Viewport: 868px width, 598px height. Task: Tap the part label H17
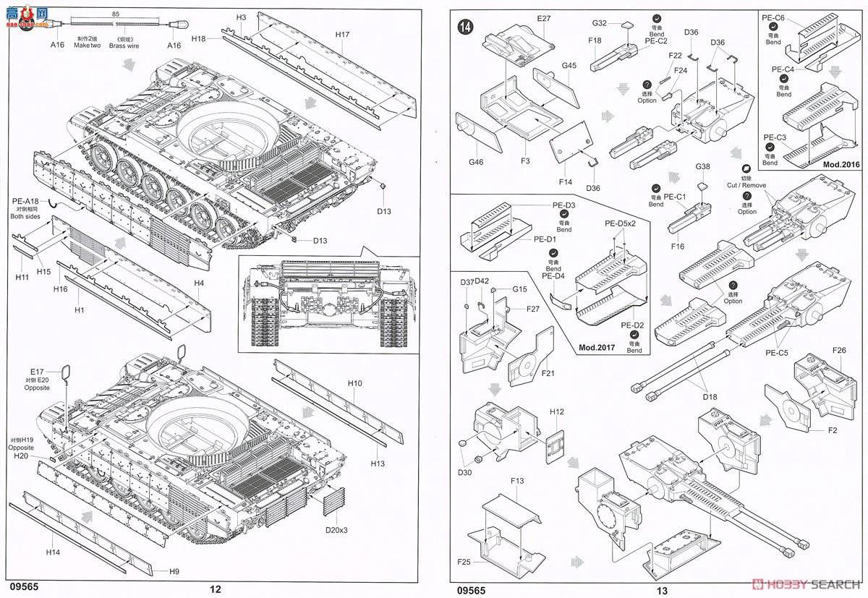point(342,35)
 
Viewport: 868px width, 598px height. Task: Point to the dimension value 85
point(116,14)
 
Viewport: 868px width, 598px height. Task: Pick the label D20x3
point(336,530)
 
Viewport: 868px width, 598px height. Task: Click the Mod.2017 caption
point(598,346)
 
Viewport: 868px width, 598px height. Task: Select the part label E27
point(544,19)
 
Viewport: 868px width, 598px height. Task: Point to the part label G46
point(475,162)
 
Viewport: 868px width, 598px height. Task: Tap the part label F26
point(839,351)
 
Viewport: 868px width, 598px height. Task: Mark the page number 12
point(215,589)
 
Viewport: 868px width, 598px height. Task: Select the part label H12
point(556,411)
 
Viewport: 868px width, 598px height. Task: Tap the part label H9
point(174,571)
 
